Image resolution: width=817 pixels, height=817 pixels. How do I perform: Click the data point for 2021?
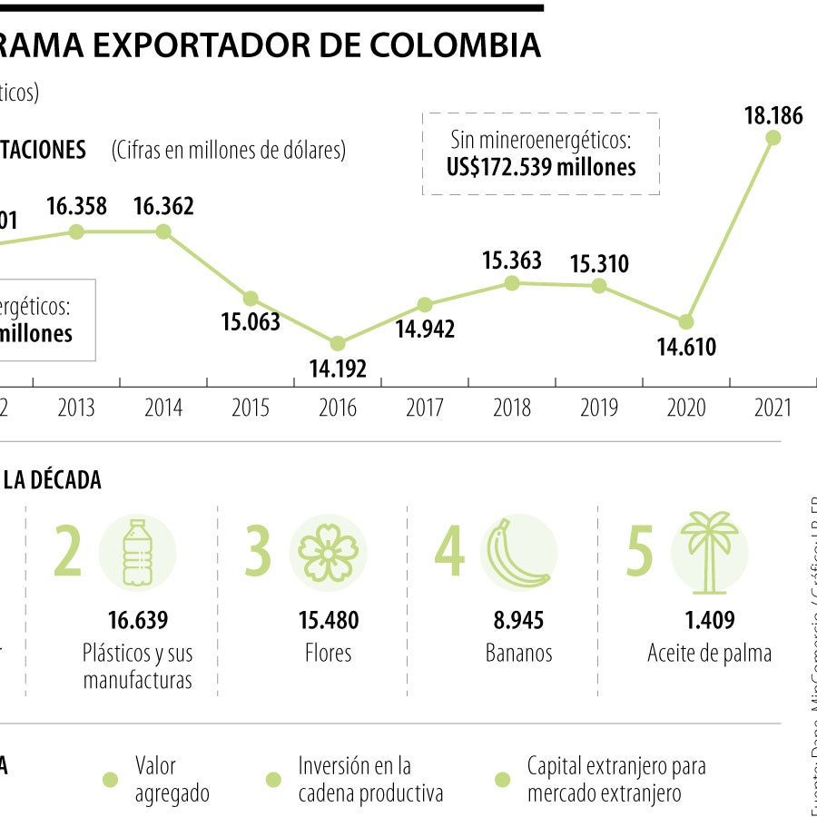coord(773,137)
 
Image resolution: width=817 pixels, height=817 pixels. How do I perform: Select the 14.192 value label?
coord(338,369)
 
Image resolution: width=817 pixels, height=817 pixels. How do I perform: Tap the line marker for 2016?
coord(338,343)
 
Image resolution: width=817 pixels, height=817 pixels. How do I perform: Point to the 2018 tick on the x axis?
coord(512,408)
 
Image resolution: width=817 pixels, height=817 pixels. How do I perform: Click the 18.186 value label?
coord(773,115)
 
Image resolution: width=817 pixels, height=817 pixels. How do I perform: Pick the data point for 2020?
coord(686,321)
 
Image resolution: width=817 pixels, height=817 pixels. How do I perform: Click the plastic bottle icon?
coord(137,552)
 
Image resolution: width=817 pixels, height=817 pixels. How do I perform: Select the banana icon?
coord(518,552)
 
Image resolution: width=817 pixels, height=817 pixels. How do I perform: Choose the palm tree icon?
coord(709,550)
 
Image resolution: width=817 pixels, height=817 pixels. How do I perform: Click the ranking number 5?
coord(640,552)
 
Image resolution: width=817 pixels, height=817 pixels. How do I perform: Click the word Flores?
coord(328,654)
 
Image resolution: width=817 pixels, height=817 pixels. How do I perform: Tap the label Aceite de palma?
coord(709,654)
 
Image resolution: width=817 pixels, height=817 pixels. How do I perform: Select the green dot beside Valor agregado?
coord(110,780)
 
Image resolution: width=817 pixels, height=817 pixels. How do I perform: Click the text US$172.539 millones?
coord(541,167)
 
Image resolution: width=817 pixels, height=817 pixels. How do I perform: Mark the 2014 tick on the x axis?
coord(163,408)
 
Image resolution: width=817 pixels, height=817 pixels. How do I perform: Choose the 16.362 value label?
coord(163,206)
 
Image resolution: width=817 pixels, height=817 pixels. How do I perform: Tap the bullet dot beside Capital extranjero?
coord(502,780)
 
